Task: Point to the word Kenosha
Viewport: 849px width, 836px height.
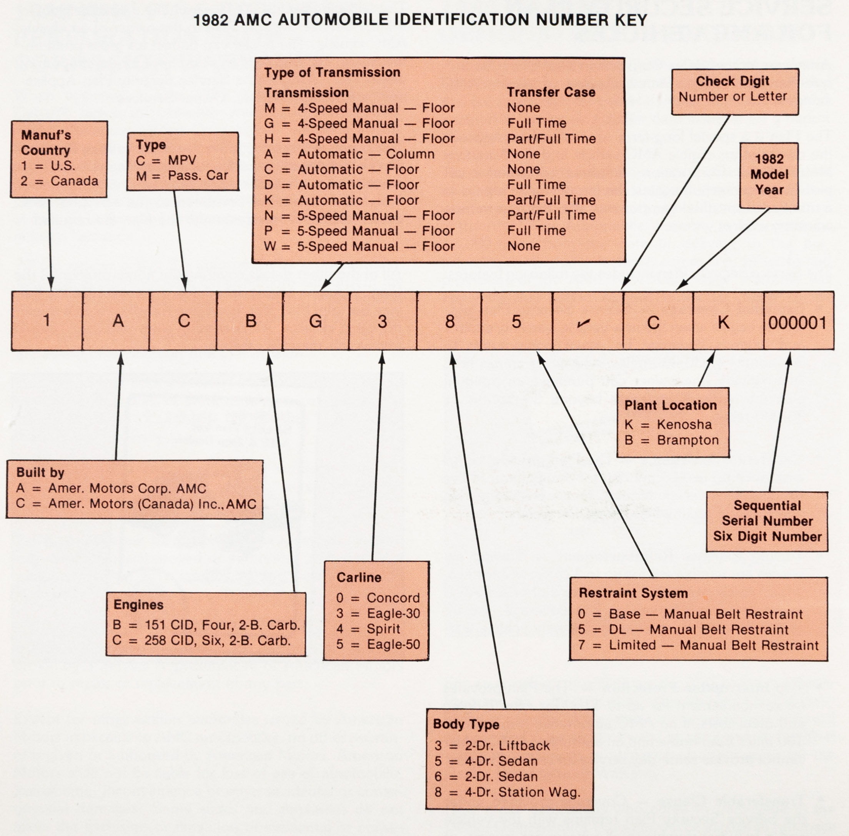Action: (684, 425)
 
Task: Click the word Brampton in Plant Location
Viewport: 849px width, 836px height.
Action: (688, 440)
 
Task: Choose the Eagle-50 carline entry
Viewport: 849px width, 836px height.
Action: (393, 644)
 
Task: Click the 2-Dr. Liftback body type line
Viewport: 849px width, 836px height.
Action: (492, 746)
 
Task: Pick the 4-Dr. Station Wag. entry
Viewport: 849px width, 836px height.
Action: (507, 792)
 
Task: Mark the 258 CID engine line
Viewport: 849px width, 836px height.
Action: (202, 640)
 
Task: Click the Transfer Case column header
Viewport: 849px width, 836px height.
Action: (551, 92)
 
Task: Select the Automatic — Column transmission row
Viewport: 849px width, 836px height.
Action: (350, 154)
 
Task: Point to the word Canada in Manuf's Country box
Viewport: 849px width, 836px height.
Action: (74, 181)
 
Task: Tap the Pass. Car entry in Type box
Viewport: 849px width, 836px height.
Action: (197, 176)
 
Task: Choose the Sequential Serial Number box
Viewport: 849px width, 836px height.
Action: (767, 521)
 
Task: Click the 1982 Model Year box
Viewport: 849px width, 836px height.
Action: (769, 175)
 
